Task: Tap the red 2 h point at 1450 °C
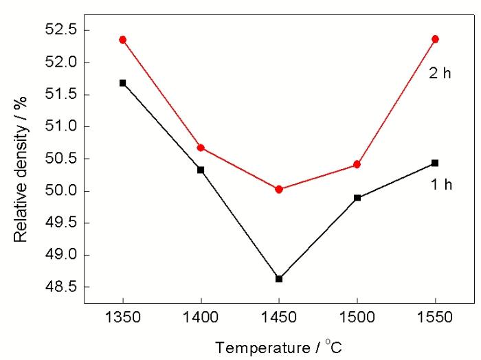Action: coord(279,189)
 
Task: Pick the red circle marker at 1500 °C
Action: coord(357,164)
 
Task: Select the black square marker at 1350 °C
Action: coord(123,83)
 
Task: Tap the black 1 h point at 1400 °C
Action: coord(201,170)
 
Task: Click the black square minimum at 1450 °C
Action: coord(279,279)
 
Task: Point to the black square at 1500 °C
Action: coord(357,198)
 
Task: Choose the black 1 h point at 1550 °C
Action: coord(435,163)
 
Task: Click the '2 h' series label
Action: coord(440,74)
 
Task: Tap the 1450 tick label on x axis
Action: coord(279,319)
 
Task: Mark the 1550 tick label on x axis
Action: coord(435,319)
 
